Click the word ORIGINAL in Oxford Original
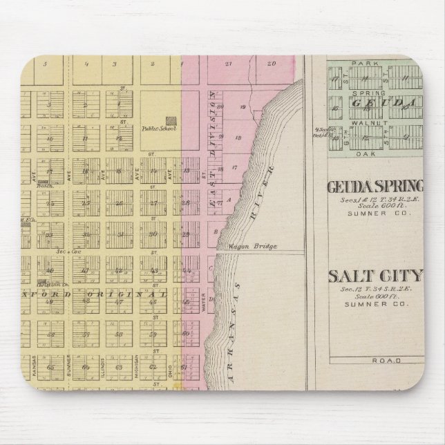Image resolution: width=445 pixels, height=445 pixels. pyautogui.click(x=138, y=295)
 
